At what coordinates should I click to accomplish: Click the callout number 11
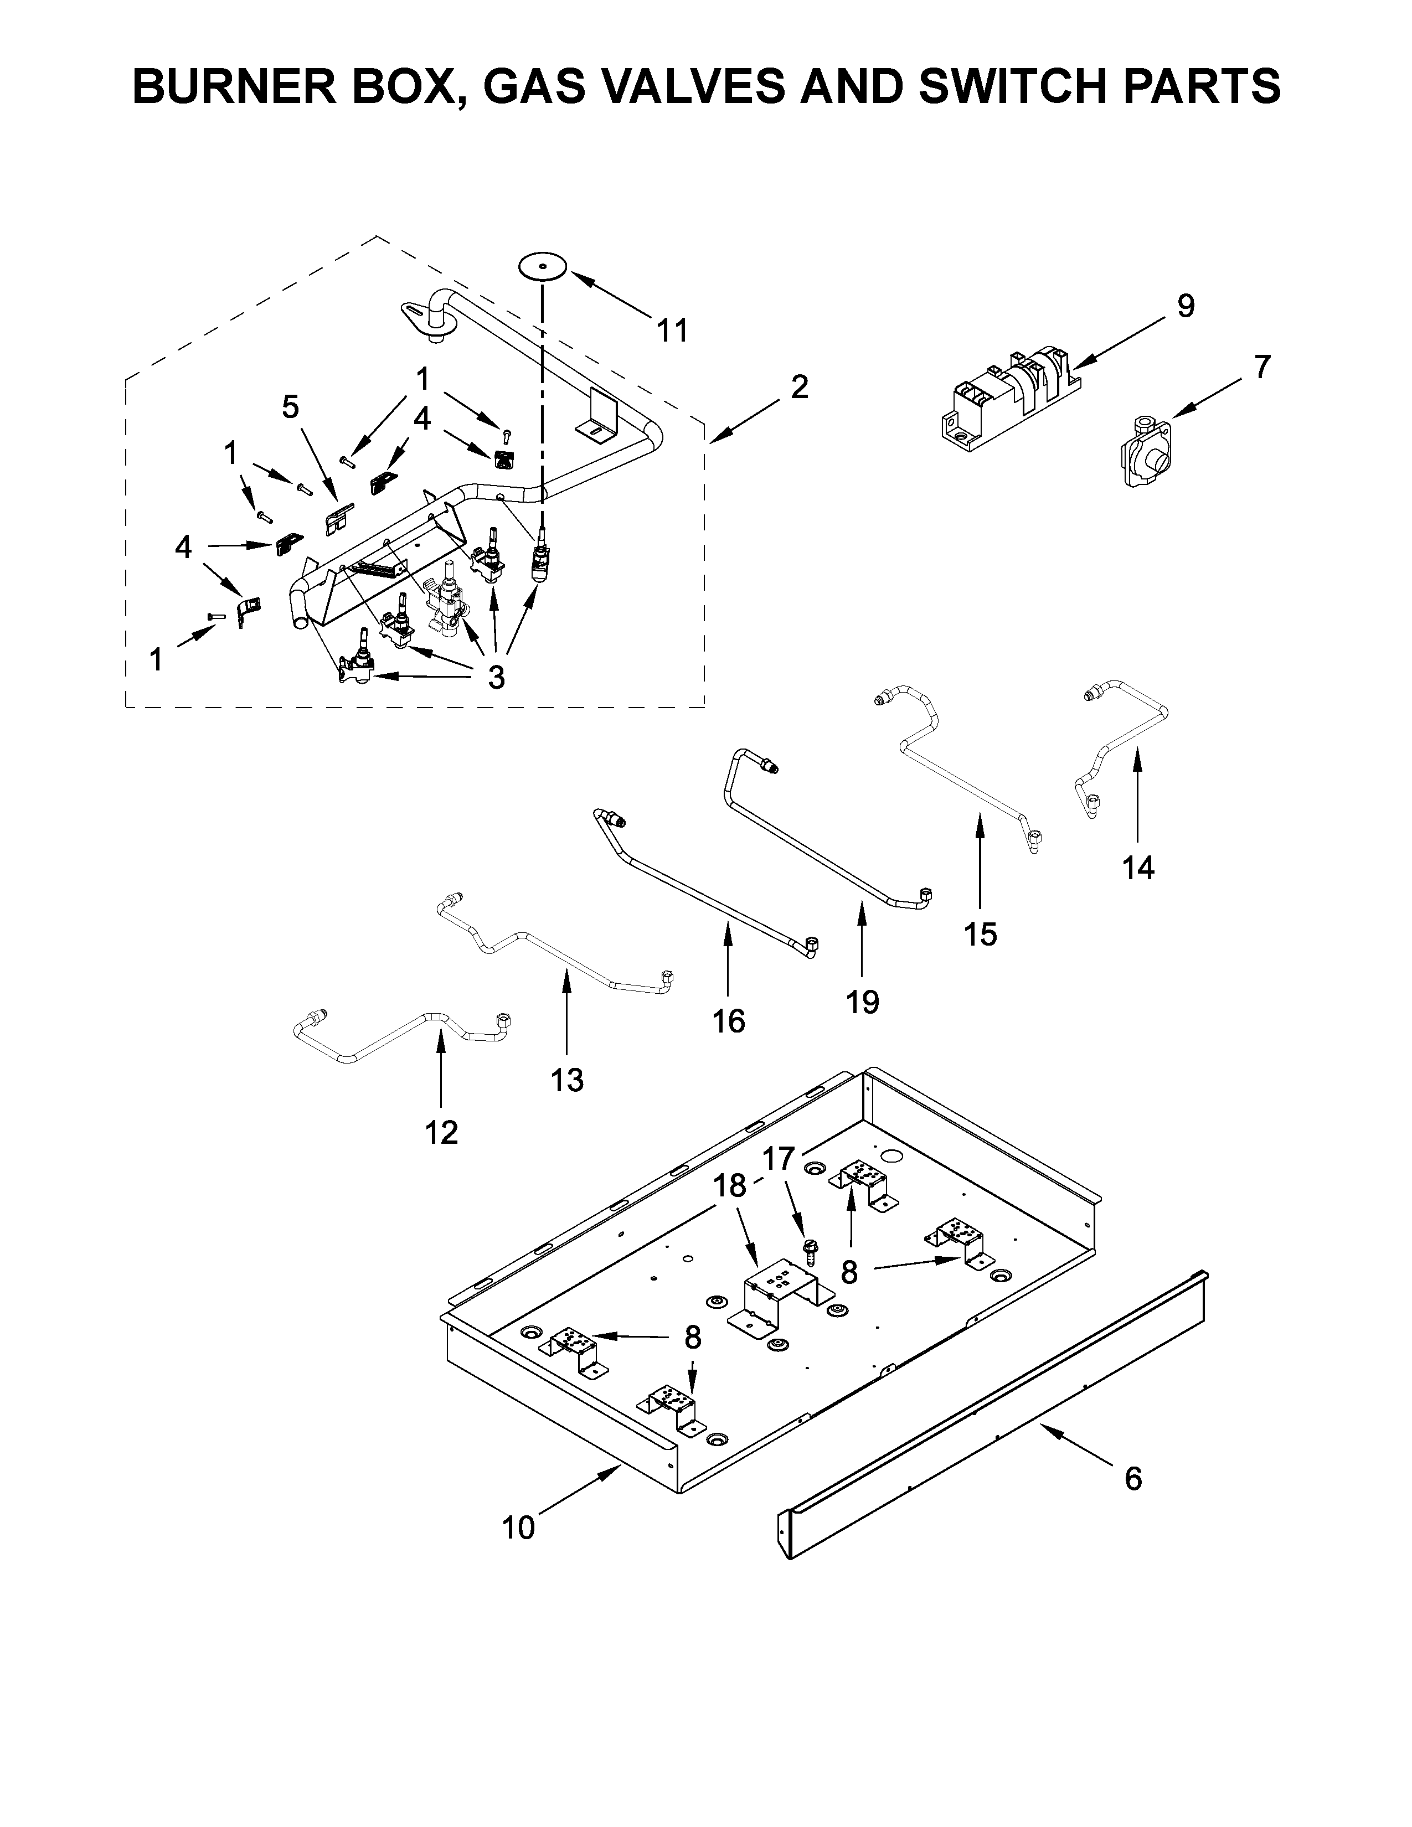coord(672,331)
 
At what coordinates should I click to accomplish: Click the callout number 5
coord(290,407)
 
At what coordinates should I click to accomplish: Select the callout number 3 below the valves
coord(496,678)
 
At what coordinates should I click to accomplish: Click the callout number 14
coord(1138,868)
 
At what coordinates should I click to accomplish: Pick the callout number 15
coord(980,933)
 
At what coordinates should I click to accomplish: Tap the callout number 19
coord(862,1002)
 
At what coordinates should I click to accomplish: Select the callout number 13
coord(566,1080)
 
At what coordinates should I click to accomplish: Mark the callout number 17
coord(778,1159)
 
